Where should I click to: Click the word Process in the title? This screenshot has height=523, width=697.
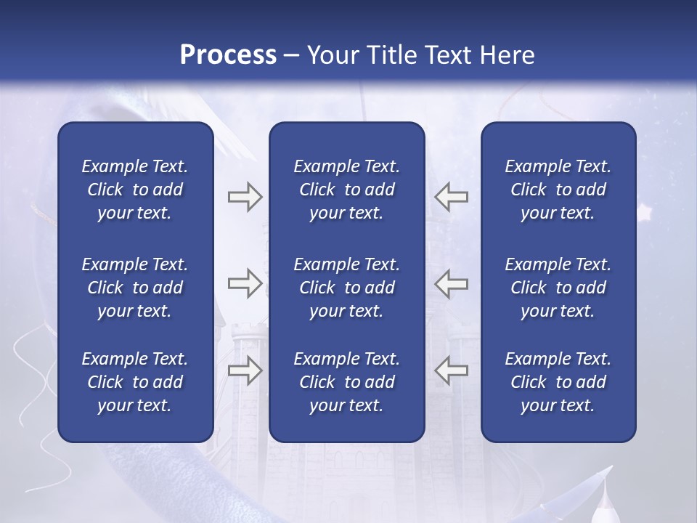point(228,55)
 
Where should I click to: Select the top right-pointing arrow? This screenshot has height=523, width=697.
point(245,197)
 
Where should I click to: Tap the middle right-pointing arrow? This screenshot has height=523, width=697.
point(245,283)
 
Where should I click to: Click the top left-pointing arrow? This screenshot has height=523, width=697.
point(451,197)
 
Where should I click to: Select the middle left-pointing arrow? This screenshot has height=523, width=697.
point(451,283)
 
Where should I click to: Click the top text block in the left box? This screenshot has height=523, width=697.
point(135,190)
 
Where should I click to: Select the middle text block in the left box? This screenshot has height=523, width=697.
point(135,288)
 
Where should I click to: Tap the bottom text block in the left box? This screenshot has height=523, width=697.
point(135,382)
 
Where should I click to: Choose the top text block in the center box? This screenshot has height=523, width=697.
point(346,190)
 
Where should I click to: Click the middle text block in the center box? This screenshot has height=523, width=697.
point(346,288)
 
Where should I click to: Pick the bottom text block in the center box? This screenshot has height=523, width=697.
point(346,382)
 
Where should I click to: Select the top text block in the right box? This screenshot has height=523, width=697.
point(558,190)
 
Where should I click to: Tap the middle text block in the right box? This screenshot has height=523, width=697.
point(558,288)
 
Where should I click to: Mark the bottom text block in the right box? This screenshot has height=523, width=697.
point(558,382)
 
